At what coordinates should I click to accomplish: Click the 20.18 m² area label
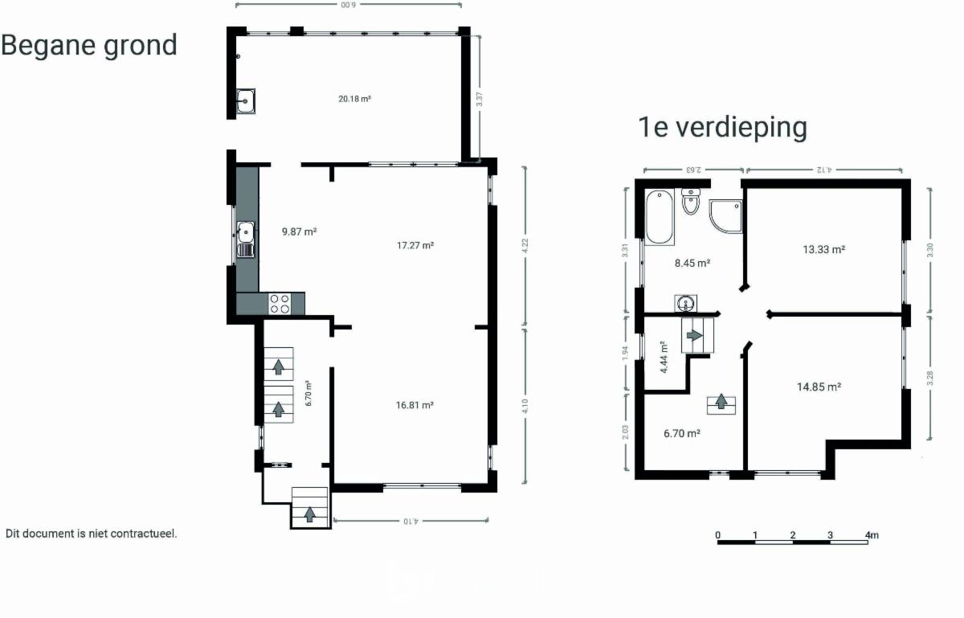tap(354, 99)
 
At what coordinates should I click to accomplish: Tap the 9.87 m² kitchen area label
tap(299, 231)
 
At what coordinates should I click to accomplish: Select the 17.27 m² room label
tap(415, 245)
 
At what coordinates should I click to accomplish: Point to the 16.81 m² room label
tap(415, 405)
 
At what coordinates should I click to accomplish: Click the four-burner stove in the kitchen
tap(280, 304)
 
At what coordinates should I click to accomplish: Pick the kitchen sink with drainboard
tap(246, 239)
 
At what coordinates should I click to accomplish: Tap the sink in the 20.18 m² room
tap(245, 101)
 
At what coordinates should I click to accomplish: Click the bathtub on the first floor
tap(660, 217)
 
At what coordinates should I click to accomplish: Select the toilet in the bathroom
tap(691, 201)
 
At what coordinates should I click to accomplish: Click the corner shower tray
tap(725, 216)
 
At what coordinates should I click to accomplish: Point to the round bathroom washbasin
tap(685, 304)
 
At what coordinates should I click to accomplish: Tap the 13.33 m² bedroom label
tap(823, 250)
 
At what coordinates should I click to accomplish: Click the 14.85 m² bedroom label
tap(819, 387)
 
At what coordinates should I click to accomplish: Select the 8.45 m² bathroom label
tap(692, 263)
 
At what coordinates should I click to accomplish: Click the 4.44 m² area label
tap(664, 358)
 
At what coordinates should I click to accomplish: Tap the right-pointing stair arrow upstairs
tap(694, 335)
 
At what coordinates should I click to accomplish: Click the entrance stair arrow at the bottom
tap(309, 514)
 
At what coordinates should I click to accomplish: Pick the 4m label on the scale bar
tap(872, 535)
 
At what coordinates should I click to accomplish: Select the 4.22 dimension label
tap(525, 246)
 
